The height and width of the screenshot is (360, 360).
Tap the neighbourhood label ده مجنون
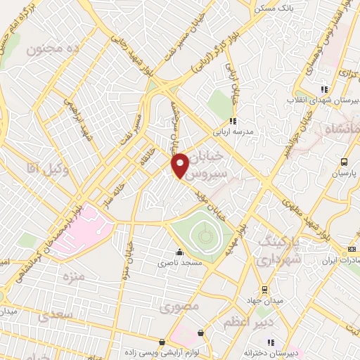pos(54,49)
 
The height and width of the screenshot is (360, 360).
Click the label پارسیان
pos(344,172)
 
